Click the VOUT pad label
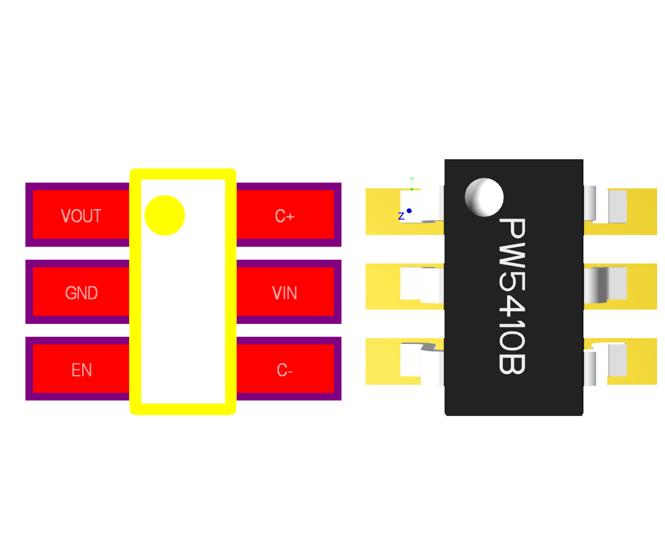pyautogui.click(x=81, y=216)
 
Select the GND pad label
pyautogui.click(x=81, y=293)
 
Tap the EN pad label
pyautogui.click(x=82, y=370)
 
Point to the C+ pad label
pyautogui.click(x=285, y=216)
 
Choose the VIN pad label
pyautogui.click(x=285, y=293)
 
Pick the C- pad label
pyautogui.click(x=285, y=370)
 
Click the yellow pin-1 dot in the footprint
pyautogui.click(x=165, y=215)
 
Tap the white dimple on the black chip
pyautogui.click(x=484, y=197)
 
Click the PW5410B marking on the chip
pyautogui.click(x=512, y=296)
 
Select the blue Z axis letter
pyautogui.click(x=401, y=216)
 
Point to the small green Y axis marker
pyautogui.click(x=412, y=180)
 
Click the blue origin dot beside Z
pyautogui.click(x=409, y=211)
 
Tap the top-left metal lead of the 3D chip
pyautogui.click(x=422, y=204)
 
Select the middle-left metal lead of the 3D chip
pyautogui.click(x=422, y=285)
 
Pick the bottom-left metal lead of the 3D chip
pyautogui.click(x=422, y=363)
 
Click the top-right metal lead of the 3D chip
pyautogui.click(x=605, y=204)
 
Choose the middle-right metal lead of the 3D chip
pyautogui.click(x=605, y=284)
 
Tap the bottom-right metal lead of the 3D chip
pyautogui.click(x=605, y=363)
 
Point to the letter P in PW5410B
pyautogui.click(x=512, y=229)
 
